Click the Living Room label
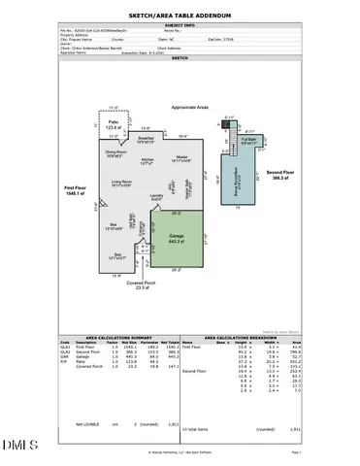tap(120, 183)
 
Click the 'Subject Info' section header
tap(180, 26)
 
